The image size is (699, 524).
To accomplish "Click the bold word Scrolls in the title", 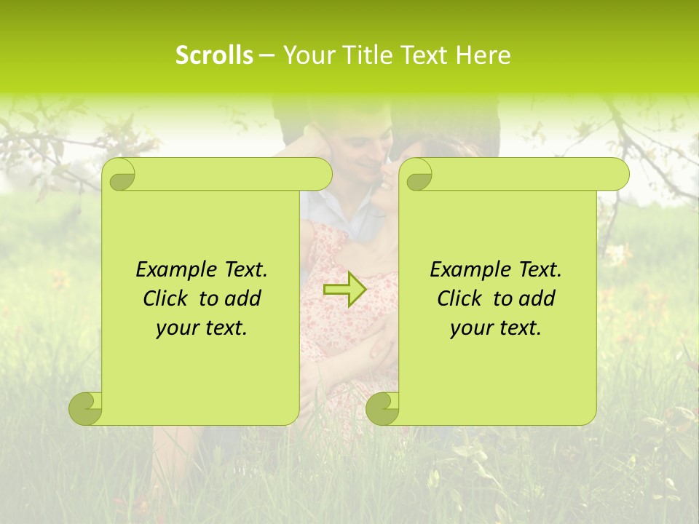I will pos(214,55).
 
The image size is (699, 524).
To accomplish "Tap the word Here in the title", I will pos(483,55).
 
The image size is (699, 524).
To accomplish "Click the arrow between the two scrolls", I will pos(344,289).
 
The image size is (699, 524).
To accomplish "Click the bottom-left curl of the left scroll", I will pos(86,408).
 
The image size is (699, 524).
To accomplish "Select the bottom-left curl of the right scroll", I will pos(382,408).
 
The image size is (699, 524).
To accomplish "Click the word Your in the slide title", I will pos(303,55).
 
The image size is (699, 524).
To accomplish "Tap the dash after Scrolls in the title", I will pos(266,55).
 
